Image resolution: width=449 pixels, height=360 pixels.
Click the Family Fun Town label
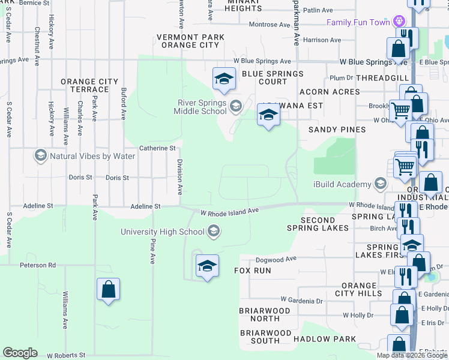click(x=358, y=23)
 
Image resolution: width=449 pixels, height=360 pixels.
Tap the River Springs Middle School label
click(x=200, y=107)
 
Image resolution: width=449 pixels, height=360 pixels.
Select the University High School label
click(x=163, y=232)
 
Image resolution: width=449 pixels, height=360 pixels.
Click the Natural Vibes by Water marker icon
click(x=41, y=156)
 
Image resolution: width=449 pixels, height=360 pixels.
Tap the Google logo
click(x=20, y=353)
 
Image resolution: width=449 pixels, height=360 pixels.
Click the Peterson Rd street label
click(x=37, y=265)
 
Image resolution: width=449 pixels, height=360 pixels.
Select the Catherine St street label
click(x=157, y=148)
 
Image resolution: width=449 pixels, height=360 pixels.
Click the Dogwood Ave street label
click(x=276, y=259)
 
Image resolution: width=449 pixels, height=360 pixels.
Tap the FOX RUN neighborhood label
click(x=252, y=271)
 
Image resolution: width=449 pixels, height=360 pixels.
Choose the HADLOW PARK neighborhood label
click(x=328, y=339)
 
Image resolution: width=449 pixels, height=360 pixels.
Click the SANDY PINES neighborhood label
click(x=337, y=130)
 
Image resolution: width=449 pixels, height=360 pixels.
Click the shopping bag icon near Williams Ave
click(x=108, y=289)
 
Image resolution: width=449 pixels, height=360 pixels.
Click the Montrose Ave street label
click(x=270, y=25)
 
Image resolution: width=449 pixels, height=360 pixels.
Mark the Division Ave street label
click(x=179, y=177)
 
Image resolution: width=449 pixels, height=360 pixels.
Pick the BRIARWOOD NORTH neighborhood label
click(x=265, y=314)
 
